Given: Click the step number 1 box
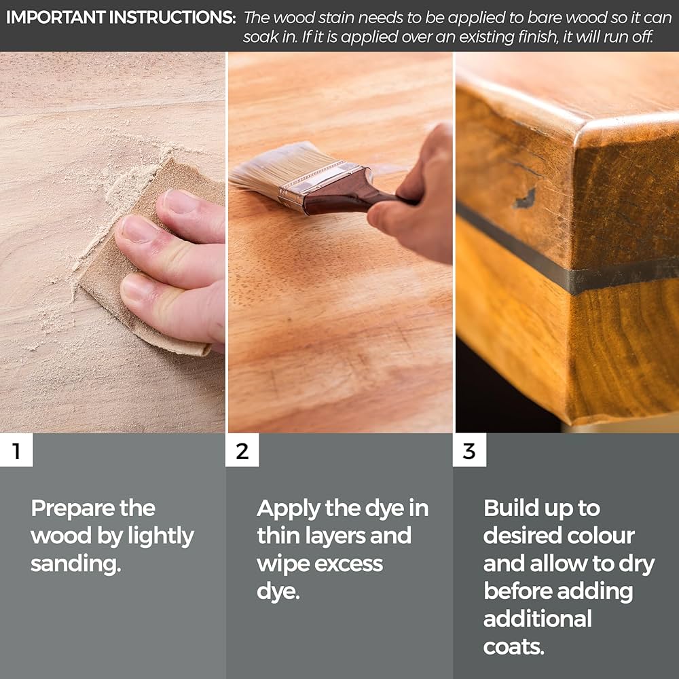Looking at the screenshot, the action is pyautogui.click(x=16, y=450).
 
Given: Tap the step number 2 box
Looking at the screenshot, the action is pyautogui.click(x=242, y=450).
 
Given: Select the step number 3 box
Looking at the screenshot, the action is pyautogui.click(x=469, y=450).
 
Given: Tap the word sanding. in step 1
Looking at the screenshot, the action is pyautogui.click(x=76, y=564).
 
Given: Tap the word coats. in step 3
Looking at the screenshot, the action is pyautogui.click(x=513, y=647).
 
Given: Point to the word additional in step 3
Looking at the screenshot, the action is pyautogui.click(x=537, y=619).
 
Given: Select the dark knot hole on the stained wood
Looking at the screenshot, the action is pyautogui.click(x=526, y=199).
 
